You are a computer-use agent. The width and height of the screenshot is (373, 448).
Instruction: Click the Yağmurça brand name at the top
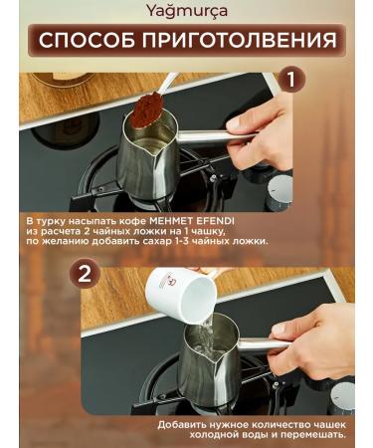pos(187,12)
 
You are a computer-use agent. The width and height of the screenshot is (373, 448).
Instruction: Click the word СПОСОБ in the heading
pos(88,40)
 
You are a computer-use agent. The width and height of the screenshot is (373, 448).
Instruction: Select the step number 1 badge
pos(290,80)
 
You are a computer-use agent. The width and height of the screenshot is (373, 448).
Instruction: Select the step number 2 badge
pos(85,275)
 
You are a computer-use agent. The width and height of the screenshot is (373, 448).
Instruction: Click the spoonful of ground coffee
pos(147,110)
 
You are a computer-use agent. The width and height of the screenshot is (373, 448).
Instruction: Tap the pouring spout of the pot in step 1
pos(156,153)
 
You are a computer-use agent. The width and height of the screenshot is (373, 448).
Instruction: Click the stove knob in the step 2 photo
pos(342,397)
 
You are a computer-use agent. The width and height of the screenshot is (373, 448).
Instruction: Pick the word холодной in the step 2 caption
pos(214,434)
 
